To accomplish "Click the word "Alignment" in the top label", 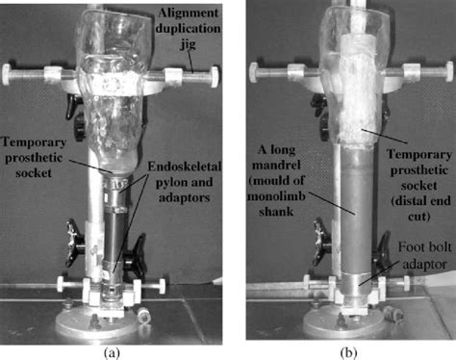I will point(183,10).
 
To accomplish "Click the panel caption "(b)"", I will point(345,351).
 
